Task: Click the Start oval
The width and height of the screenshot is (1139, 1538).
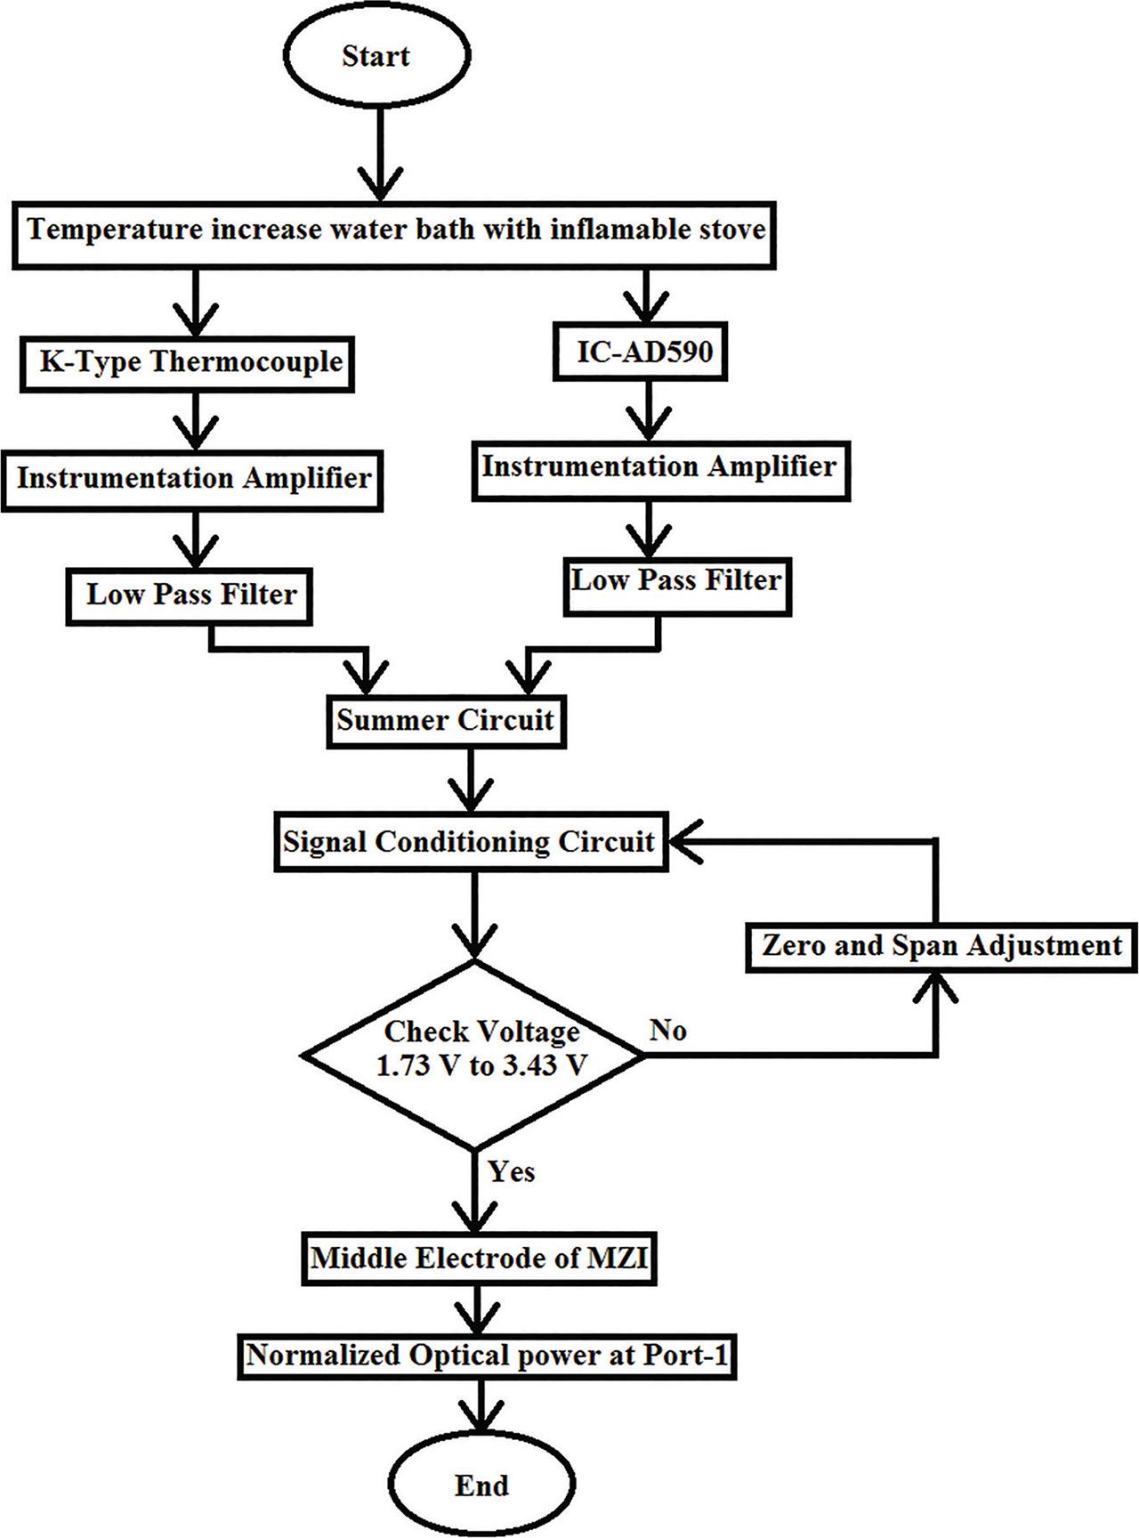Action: pos(376,57)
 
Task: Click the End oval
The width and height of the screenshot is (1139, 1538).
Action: pos(481,1485)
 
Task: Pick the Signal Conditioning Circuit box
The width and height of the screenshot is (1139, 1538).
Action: pos(469,842)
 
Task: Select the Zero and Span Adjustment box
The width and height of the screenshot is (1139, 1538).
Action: pos(941,945)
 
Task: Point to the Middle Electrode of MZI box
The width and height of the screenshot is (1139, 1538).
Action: pos(479,1259)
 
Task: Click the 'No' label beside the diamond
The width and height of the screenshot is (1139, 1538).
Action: pos(667,1031)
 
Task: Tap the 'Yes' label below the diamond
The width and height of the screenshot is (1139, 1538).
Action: pos(512,1171)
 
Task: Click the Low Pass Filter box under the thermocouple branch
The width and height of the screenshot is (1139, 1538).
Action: pos(190,594)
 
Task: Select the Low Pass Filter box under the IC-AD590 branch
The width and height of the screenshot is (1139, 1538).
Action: pos(676,581)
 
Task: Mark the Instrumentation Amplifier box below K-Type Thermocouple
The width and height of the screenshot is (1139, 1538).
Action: pos(193,479)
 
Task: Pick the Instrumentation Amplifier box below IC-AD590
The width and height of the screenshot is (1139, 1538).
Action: pos(658,466)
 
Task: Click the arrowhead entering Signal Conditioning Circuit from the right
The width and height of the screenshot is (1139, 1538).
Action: pos(684,842)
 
